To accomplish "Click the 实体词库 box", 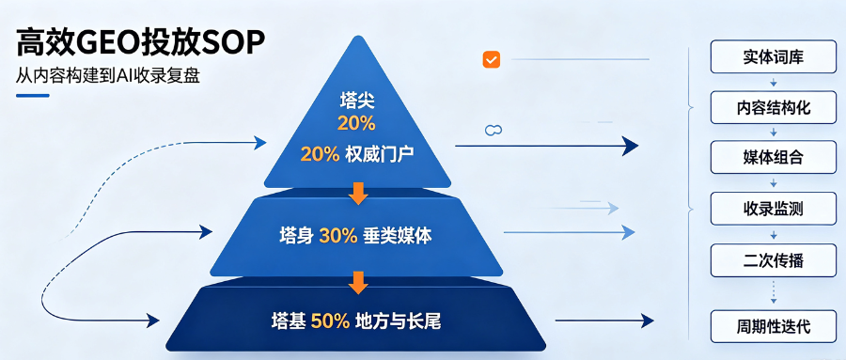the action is tap(774, 56).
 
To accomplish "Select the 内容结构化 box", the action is tap(774, 107).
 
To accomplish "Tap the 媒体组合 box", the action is tap(774, 157).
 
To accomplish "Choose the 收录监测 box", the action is tap(774, 208).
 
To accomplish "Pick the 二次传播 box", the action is tap(774, 260).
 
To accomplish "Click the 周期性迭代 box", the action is tap(774, 326).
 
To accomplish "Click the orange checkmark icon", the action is tap(491, 59).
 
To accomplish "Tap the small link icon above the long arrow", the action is tap(493, 130).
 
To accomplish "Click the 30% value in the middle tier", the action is tap(338, 236).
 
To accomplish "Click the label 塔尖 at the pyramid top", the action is tap(356, 100).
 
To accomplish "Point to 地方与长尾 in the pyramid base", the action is tap(399, 321).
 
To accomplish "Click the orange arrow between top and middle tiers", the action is tap(358, 194).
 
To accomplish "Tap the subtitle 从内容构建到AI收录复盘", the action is tap(108, 76).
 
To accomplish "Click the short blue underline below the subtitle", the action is tap(33, 96).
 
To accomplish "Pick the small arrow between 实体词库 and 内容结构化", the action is tap(774, 82).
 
